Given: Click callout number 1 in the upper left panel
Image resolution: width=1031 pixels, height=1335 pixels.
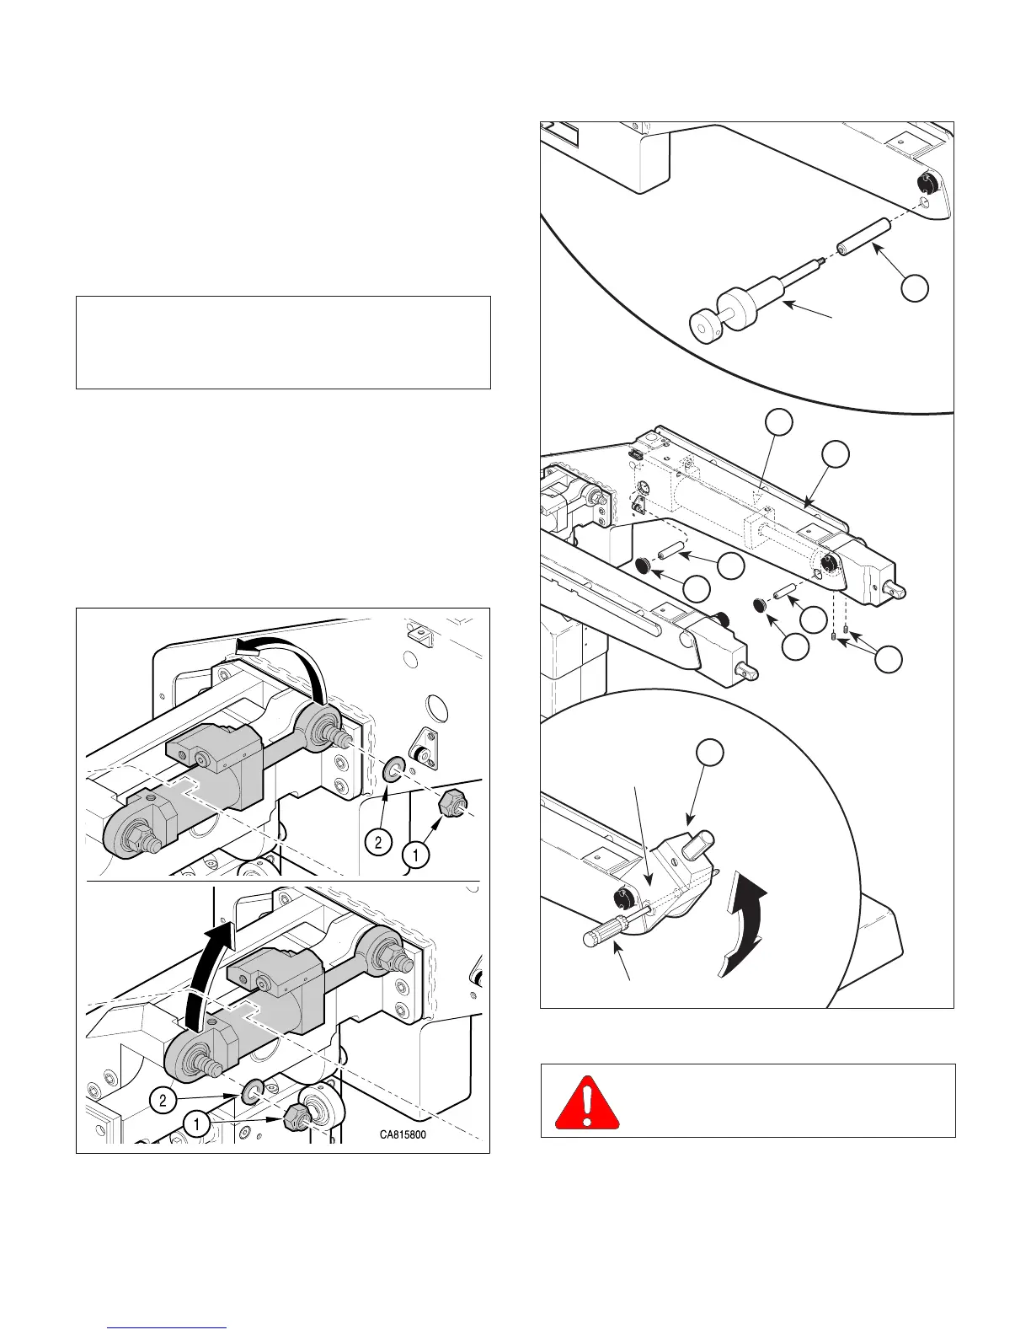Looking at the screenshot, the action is point(414,855).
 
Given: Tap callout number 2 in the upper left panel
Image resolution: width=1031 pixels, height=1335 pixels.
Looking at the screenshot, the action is point(379,842).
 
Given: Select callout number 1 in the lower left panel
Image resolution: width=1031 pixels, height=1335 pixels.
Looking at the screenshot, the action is point(195,1123).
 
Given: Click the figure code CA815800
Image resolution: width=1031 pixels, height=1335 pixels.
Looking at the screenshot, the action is point(403,1134).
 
